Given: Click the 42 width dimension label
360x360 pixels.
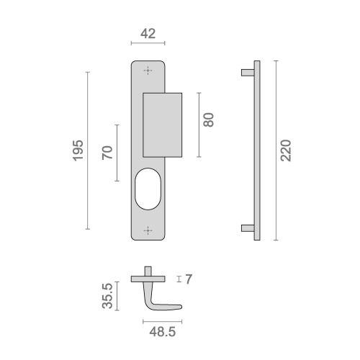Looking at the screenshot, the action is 148,34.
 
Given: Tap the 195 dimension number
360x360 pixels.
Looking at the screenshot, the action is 78,150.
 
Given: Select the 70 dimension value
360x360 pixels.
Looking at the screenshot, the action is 107,153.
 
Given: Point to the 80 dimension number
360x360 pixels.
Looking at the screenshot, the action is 208,120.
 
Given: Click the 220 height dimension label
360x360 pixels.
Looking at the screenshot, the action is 286,150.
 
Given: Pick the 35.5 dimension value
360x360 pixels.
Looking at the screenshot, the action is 107,296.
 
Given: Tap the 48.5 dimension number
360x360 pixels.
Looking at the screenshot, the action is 163,332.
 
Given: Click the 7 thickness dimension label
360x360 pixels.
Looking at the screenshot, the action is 189,279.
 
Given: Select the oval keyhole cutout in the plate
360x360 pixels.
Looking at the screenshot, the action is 148,189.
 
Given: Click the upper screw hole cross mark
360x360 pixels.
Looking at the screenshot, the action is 148,71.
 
